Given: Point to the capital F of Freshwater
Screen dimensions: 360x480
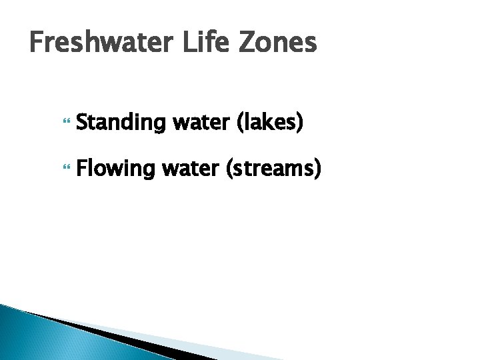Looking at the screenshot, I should pyautogui.click(x=37, y=43).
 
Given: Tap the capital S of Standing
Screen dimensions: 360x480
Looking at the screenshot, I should pyautogui.click(x=82, y=124).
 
